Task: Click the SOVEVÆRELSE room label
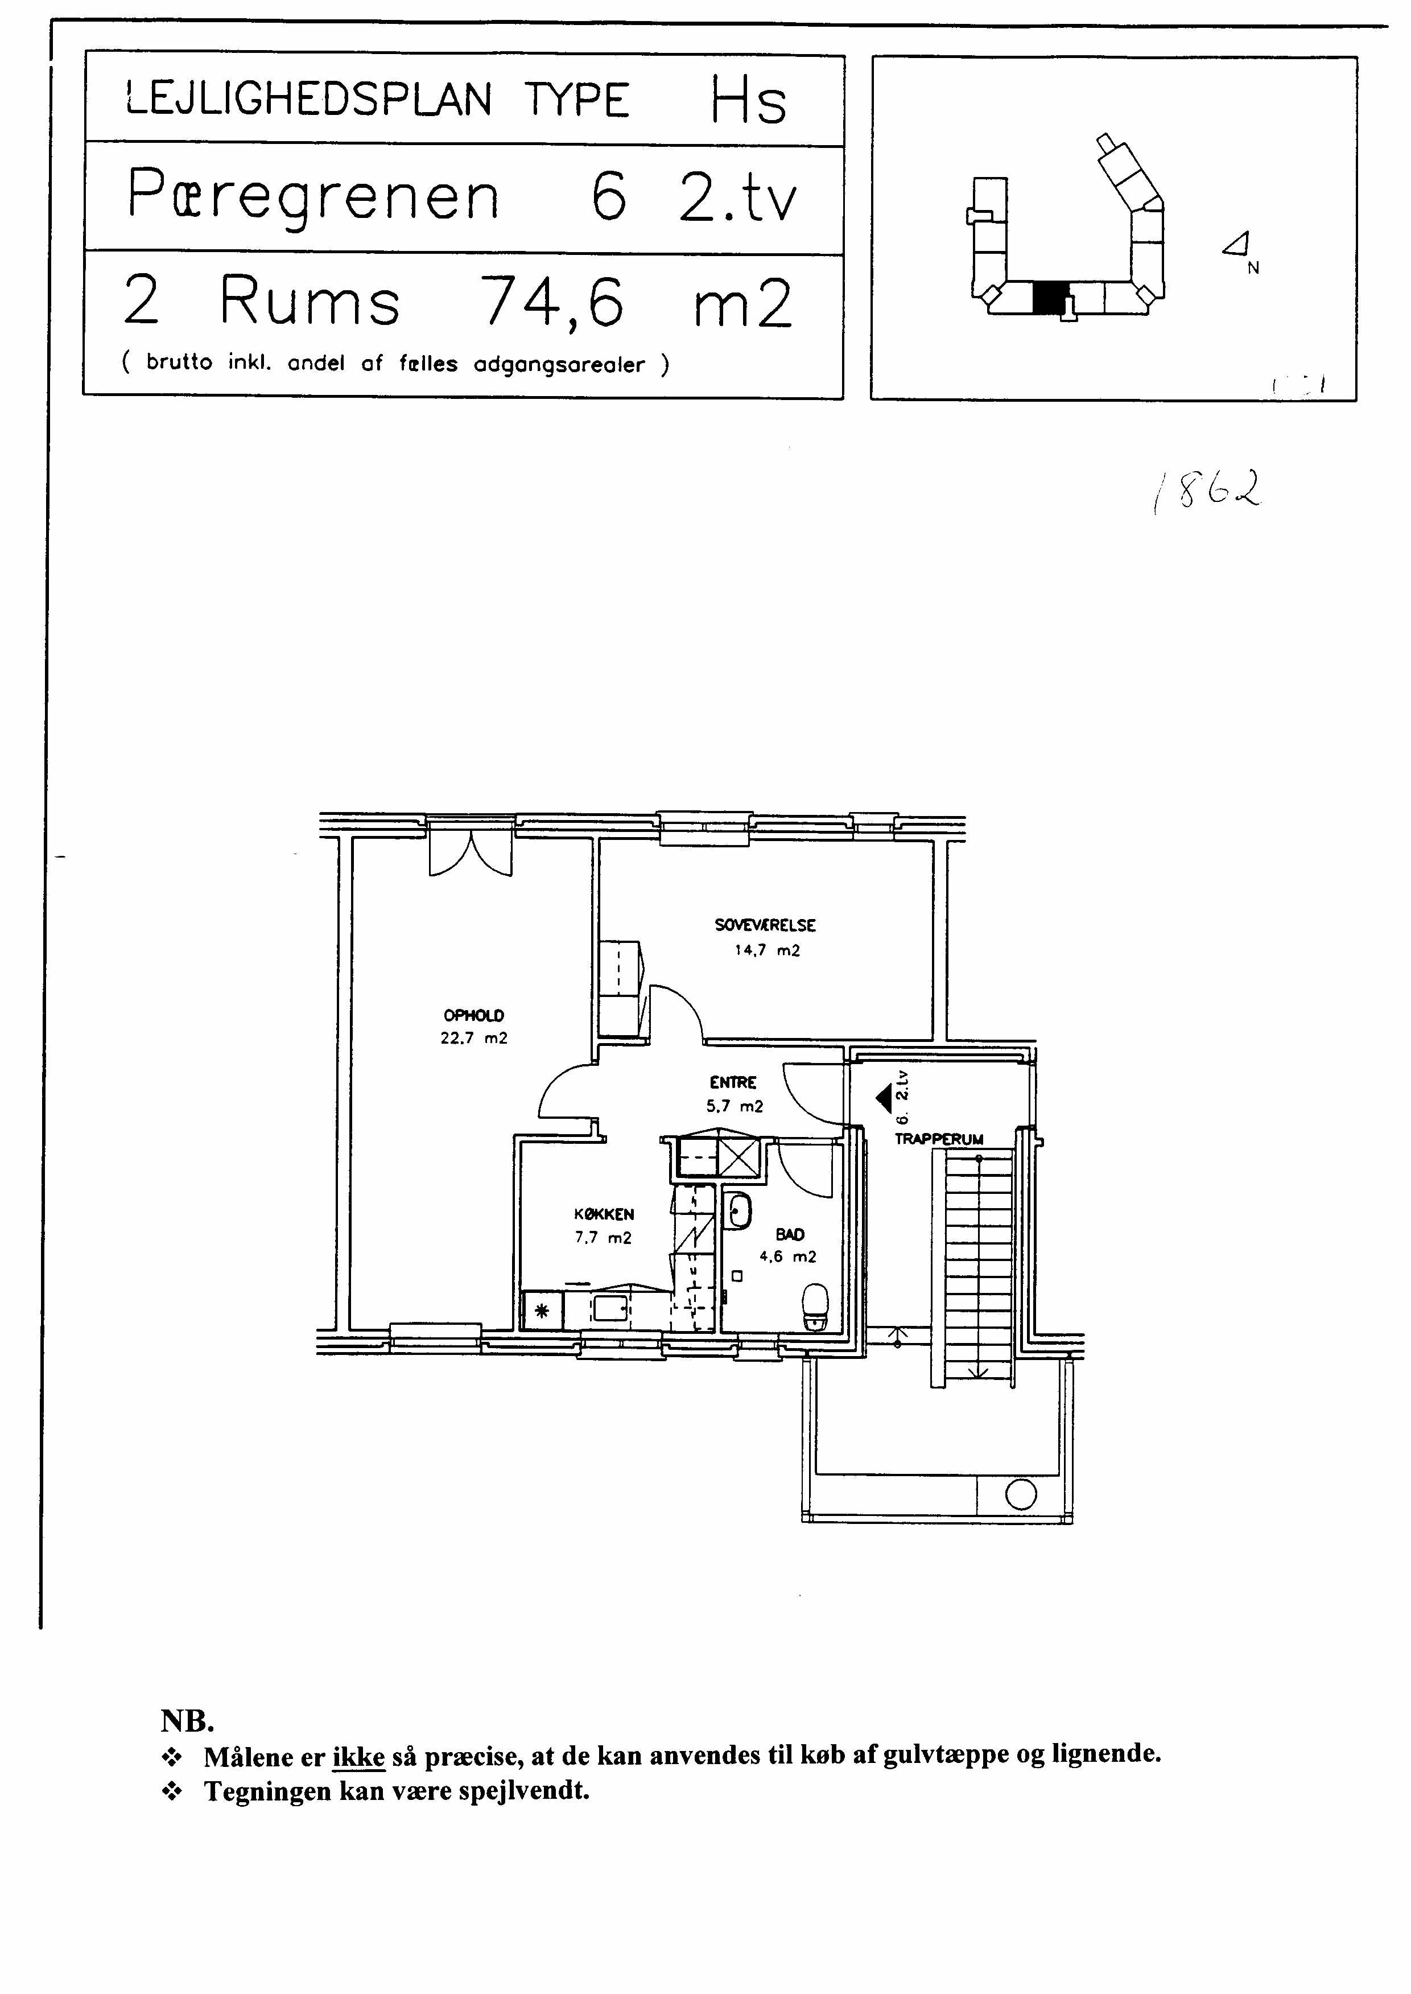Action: (x=765, y=925)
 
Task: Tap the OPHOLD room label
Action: (x=473, y=1015)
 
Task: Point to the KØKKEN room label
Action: (x=604, y=1214)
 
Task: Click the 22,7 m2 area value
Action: (x=473, y=1037)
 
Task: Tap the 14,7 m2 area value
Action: (x=767, y=950)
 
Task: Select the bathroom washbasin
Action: (x=738, y=1211)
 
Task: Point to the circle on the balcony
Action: (x=1021, y=1494)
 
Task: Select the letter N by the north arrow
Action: (x=1253, y=269)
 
